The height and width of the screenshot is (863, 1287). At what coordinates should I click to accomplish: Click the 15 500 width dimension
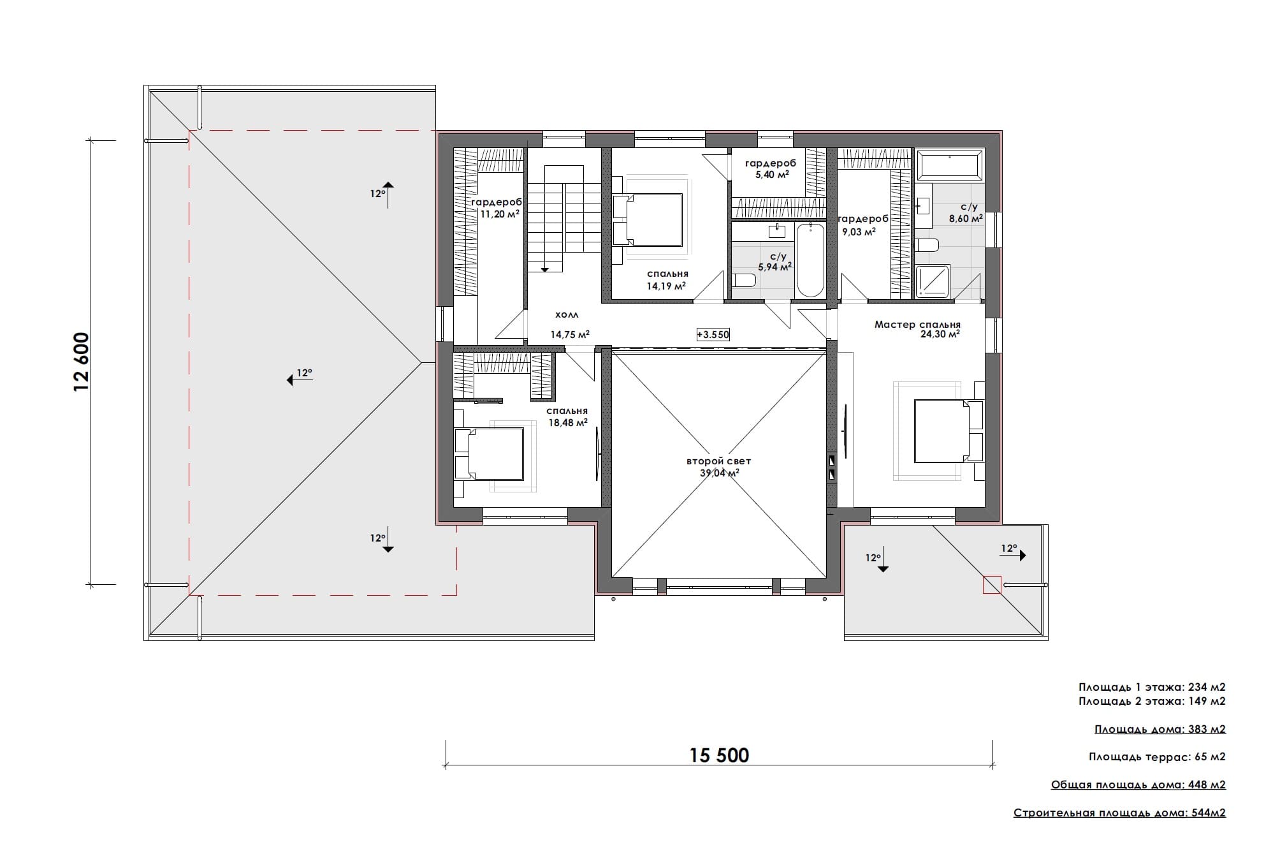(719, 756)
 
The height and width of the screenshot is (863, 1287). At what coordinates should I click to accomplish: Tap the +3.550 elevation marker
(713, 334)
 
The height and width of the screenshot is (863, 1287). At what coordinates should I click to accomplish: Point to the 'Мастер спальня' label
(917, 325)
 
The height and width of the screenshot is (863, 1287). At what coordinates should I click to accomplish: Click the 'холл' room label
(567, 315)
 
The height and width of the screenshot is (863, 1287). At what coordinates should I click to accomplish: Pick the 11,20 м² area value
(500, 214)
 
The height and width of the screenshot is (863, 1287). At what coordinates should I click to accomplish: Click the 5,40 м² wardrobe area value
(772, 174)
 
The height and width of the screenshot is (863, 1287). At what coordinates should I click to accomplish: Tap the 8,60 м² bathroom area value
(965, 218)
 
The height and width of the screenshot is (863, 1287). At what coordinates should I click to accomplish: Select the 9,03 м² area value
(859, 232)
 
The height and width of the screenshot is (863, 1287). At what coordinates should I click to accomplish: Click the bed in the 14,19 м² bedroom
(648, 219)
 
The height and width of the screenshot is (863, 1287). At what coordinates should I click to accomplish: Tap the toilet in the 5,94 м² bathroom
(744, 280)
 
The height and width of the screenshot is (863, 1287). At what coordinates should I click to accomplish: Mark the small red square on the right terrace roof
(992, 585)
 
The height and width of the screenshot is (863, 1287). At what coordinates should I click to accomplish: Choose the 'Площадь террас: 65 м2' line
(1157, 757)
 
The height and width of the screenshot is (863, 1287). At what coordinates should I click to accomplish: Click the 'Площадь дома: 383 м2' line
(1160, 729)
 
